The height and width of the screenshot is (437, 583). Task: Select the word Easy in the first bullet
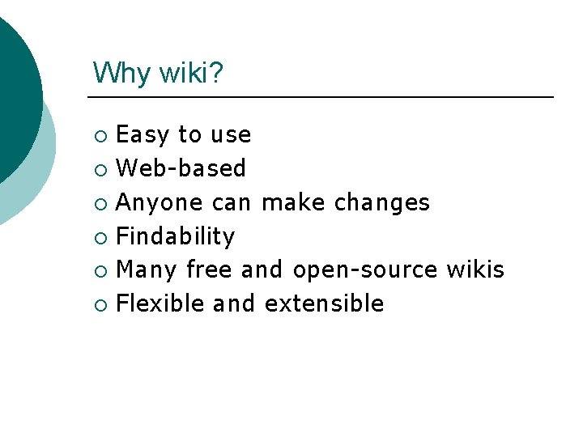coord(143,134)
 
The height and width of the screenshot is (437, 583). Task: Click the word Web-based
coord(181,168)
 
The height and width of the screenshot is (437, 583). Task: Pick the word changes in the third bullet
coord(382,202)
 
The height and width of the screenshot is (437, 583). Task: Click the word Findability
coord(176,236)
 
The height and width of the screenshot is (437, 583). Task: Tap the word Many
coord(147,269)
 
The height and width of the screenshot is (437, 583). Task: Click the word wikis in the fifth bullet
coord(475,269)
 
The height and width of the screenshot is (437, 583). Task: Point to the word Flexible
coord(160,303)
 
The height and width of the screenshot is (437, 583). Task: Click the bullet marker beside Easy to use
coord(99,135)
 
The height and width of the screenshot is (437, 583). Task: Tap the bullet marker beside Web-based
coord(99,169)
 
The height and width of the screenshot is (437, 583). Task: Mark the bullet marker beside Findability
coord(99,237)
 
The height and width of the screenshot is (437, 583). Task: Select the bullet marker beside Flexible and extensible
coord(99,304)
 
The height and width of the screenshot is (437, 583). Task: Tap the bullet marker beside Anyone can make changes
coord(99,203)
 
